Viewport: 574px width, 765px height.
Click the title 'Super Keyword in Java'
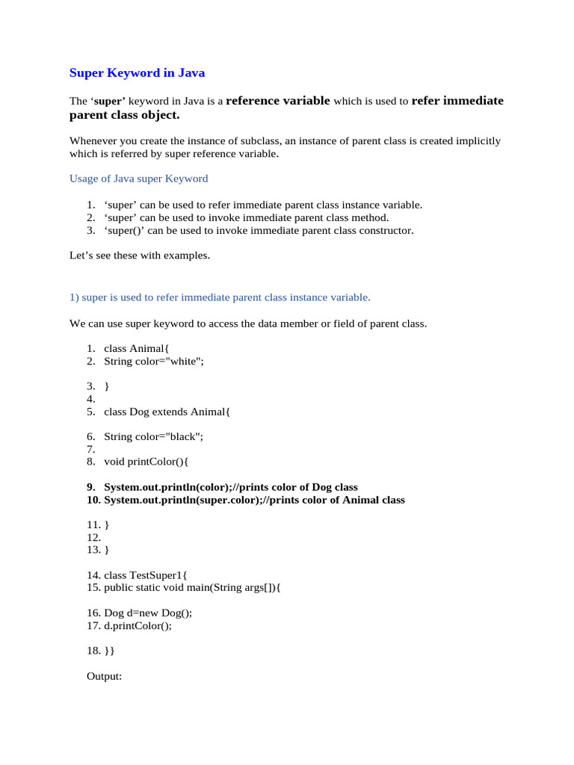pyautogui.click(x=137, y=73)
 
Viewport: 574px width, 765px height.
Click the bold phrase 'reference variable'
pyautogui.click(x=277, y=101)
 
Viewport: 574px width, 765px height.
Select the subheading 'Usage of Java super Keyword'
pyautogui.click(x=138, y=179)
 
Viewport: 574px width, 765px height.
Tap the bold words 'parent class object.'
pyautogui.click(x=125, y=116)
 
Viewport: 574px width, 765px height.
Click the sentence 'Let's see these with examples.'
pyautogui.click(x=140, y=255)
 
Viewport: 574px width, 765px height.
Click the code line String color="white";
pyautogui.click(x=153, y=361)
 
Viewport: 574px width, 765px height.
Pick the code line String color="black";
pyautogui.click(x=153, y=436)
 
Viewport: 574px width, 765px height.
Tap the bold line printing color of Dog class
pyautogui.click(x=230, y=487)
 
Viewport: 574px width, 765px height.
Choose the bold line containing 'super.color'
pyautogui.click(x=254, y=500)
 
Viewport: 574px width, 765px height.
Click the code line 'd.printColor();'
pyautogui.click(x=138, y=626)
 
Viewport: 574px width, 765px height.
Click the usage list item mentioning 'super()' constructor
pyautogui.click(x=259, y=230)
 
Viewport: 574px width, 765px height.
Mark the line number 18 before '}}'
pyautogui.click(x=93, y=651)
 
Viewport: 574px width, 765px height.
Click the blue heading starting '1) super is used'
pyautogui.click(x=220, y=297)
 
